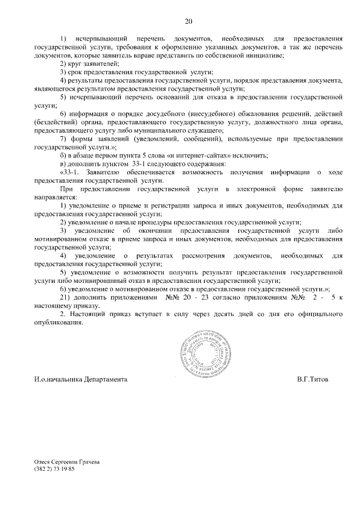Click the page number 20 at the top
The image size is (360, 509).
[x=188, y=21]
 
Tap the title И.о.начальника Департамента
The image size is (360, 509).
[x=80, y=379]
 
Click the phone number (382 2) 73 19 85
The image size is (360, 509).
[x=54, y=469]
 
